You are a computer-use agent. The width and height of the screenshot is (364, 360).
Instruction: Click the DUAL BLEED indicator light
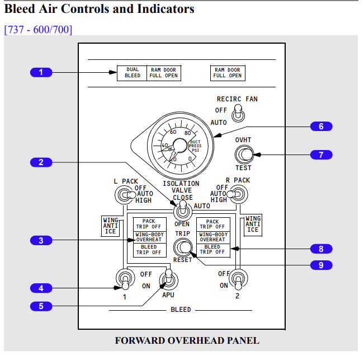coord(133,73)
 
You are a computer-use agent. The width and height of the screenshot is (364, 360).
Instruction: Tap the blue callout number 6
coord(321,127)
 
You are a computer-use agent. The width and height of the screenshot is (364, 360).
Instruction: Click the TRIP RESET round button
coord(182,247)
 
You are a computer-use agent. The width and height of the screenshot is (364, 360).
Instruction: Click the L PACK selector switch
coord(124,195)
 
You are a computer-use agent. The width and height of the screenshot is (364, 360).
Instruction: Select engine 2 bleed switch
coord(239,278)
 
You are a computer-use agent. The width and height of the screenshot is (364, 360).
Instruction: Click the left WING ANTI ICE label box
coord(110,225)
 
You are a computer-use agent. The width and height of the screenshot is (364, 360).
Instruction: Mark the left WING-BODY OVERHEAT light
coord(149,237)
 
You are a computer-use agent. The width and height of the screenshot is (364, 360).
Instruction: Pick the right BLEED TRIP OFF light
coord(212,250)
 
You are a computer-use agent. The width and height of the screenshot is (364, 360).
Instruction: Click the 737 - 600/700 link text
coord(38,29)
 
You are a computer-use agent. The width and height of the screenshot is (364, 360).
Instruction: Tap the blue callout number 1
coord(41,72)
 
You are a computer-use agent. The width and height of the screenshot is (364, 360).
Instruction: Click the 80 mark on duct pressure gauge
coord(187,133)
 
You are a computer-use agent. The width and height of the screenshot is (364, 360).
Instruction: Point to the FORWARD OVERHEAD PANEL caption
coord(187,340)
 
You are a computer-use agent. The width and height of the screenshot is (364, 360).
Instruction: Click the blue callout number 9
coord(321,265)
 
